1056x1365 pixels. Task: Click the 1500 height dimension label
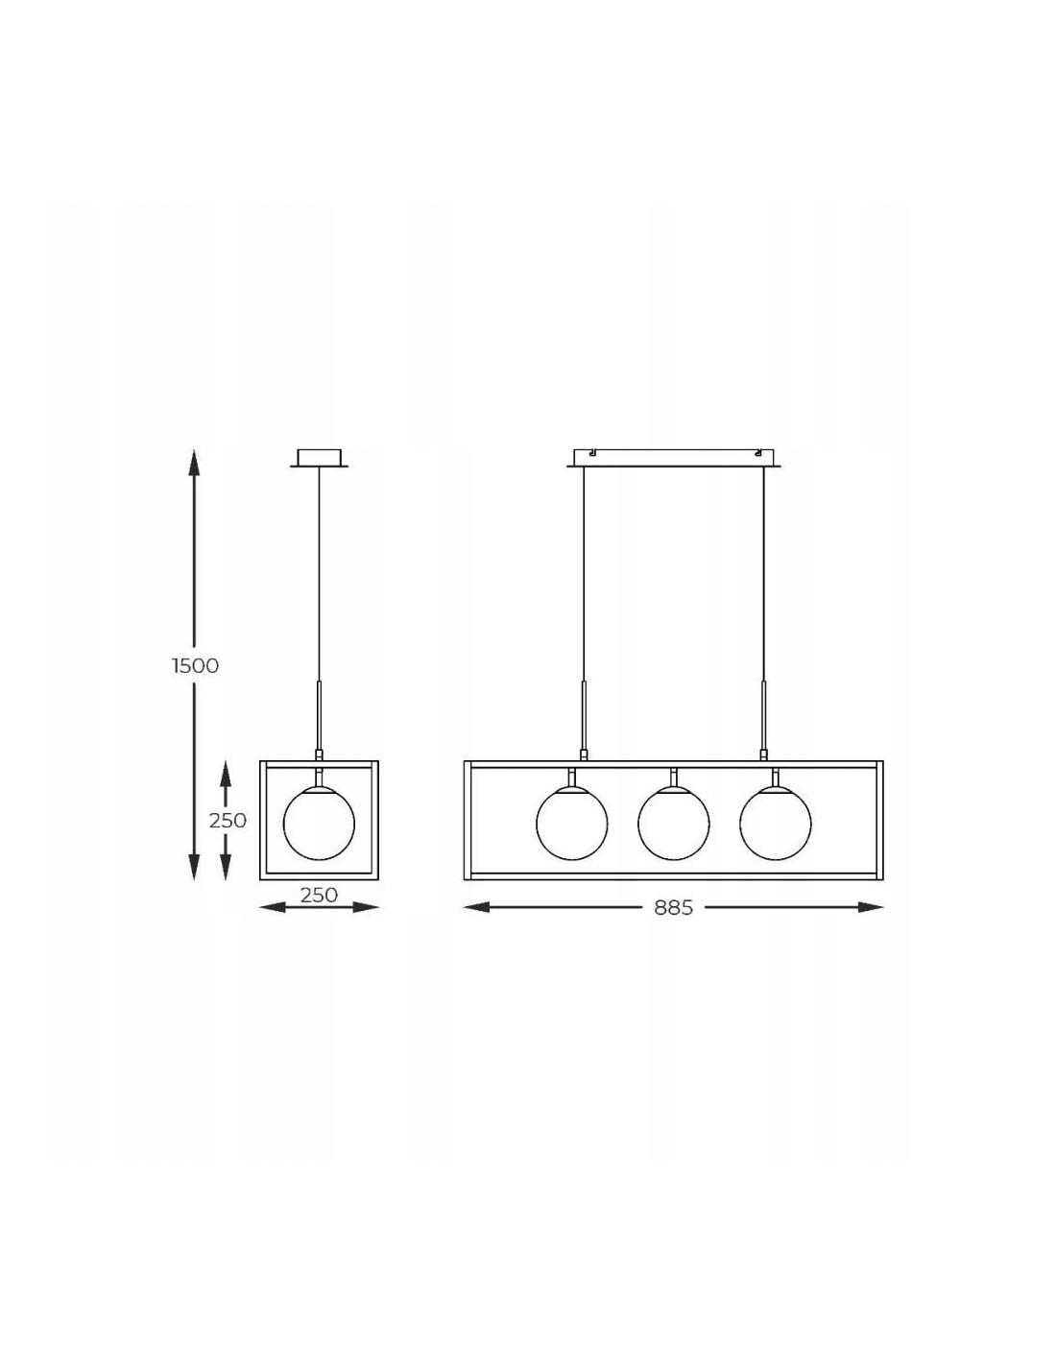coord(196,666)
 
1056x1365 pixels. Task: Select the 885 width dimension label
coord(673,908)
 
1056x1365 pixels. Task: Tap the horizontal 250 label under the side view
coord(319,895)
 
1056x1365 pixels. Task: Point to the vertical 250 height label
coord(228,821)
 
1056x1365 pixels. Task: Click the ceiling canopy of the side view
coord(319,458)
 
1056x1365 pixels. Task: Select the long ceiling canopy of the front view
coord(674,458)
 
